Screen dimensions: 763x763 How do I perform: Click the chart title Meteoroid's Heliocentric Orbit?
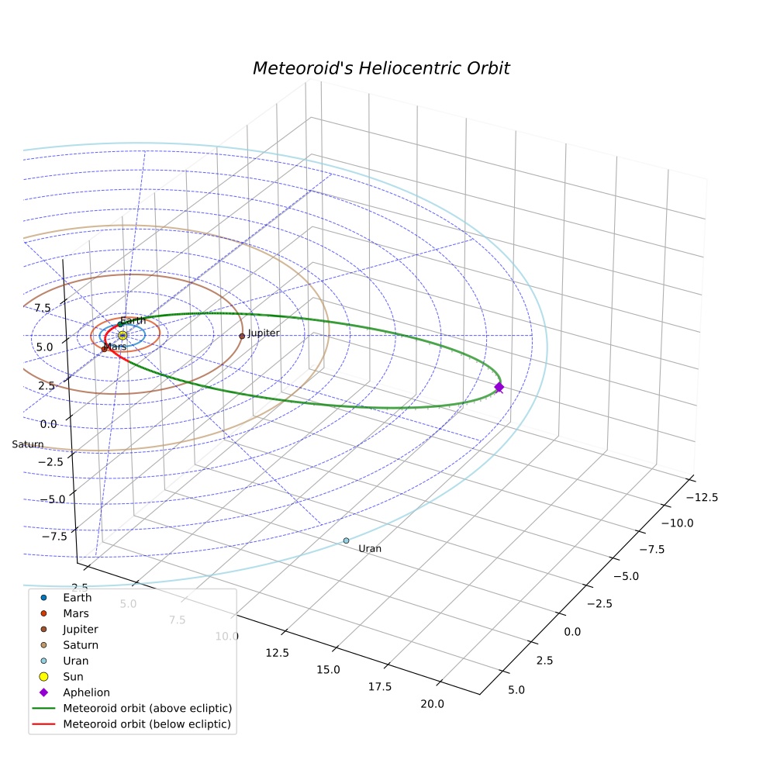coord(381,68)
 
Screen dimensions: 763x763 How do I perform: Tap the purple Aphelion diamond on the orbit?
coord(499,388)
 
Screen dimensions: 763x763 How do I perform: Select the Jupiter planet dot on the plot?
coord(242,336)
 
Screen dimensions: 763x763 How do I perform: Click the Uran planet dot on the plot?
coord(346,540)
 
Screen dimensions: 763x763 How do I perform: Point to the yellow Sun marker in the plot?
coord(123,335)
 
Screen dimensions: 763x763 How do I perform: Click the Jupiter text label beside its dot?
coord(264,333)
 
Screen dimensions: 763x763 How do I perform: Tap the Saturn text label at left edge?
coord(28,444)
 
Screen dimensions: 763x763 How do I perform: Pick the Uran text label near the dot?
coord(370,549)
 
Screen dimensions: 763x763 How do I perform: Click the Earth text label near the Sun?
coord(133,321)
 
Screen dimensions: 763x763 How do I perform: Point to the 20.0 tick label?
coord(432,704)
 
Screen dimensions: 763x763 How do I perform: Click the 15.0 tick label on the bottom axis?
coord(328,670)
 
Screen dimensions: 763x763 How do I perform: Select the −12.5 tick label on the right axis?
coord(702,497)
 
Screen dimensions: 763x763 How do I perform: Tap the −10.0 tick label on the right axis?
coord(678,523)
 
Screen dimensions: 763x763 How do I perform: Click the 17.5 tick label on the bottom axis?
coord(379,686)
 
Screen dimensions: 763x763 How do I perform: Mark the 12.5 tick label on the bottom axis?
coord(277,653)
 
